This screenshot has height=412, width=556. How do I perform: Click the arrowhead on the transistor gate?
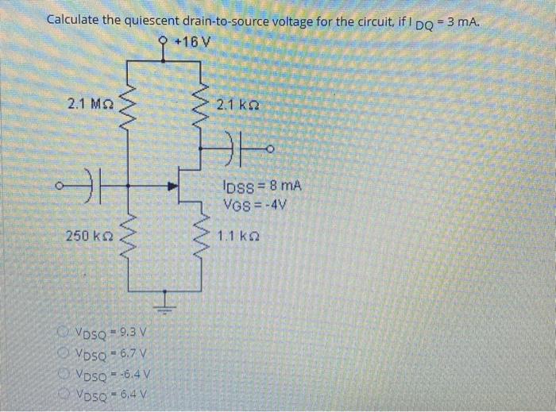click(170, 188)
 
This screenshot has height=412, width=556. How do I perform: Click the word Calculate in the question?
click(75, 19)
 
